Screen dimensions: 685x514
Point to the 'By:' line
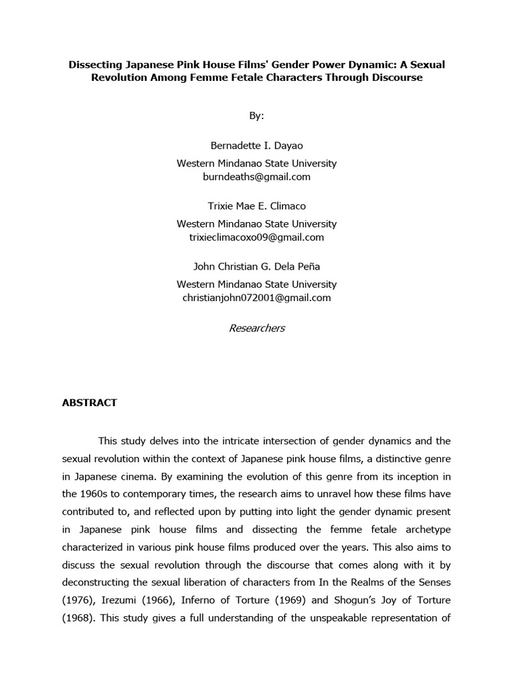(256, 116)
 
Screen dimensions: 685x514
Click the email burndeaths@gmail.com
(256, 177)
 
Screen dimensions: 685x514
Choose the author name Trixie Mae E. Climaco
(256, 205)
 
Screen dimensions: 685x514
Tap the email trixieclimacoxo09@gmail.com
(256, 237)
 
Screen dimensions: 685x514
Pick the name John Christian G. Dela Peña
(256, 266)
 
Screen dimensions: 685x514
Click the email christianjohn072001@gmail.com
(256, 298)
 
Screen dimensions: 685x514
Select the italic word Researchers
(256, 328)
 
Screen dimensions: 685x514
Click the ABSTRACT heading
(89, 402)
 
